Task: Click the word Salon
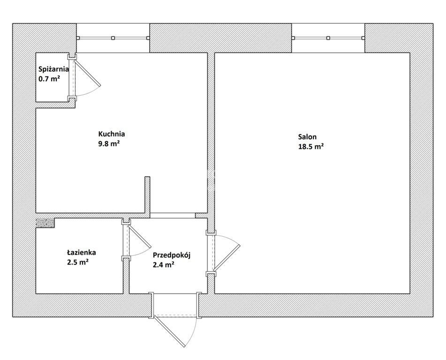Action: click(x=307, y=137)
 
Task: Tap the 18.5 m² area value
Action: click(x=311, y=146)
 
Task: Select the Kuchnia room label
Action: click(x=112, y=134)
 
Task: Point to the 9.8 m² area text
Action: click(x=109, y=143)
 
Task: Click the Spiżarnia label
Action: click(x=53, y=69)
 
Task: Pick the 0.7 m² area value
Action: click(x=49, y=78)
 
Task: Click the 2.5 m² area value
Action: click(x=77, y=262)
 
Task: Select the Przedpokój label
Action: click(x=172, y=255)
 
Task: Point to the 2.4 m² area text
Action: click(x=164, y=265)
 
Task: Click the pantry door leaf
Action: click(x=88, y=72)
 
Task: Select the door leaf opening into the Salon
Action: click(x=227, y=257)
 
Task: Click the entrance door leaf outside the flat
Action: click(x=169, y=331)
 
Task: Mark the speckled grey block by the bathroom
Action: click(x=45, y=223)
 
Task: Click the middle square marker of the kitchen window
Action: click(x=113, y=38)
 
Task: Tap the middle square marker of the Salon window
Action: click(x=328, y=38)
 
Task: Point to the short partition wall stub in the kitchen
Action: click(x=147, y=195)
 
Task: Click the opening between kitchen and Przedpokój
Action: click(x=173, y=216)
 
